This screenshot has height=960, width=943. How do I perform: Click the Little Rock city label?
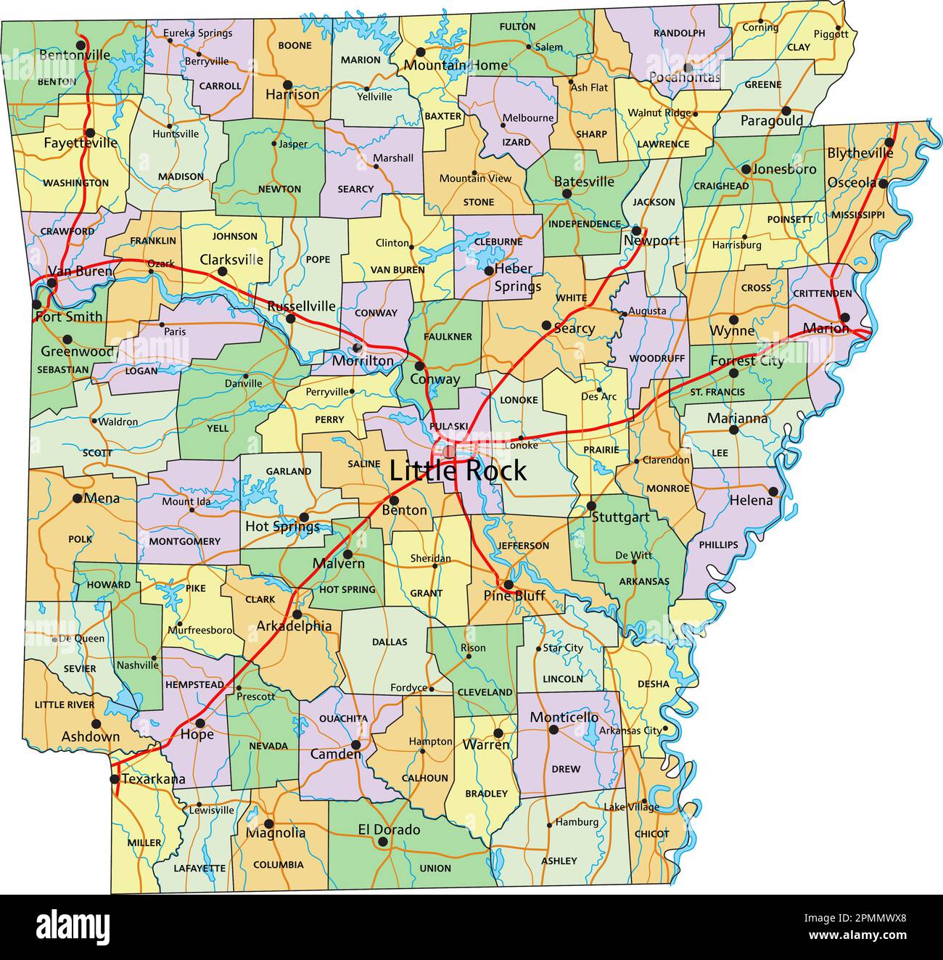point(458,471)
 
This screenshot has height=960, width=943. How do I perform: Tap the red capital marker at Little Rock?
point(449,451)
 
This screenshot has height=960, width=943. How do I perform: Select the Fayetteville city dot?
point(90,132)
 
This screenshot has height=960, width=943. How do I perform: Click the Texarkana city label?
point(153,779)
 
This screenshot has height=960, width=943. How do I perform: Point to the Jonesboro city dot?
point(745,169)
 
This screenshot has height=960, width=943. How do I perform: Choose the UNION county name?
point(435,868)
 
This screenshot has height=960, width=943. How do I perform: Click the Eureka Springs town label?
point(197,33)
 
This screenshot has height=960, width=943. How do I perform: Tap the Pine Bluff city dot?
point(508,584)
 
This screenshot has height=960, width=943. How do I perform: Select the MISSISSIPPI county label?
point(857,215)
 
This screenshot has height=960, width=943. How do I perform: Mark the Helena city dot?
point(773,491)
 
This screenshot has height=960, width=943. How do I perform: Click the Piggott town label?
point(831,33)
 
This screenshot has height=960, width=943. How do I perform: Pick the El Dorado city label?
point(389,829)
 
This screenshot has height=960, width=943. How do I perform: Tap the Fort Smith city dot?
point(37,304)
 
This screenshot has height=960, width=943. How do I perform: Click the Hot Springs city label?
point(282,526)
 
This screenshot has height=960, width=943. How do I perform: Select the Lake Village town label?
point(632,807)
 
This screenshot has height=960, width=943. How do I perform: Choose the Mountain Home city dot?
point(420,52)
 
